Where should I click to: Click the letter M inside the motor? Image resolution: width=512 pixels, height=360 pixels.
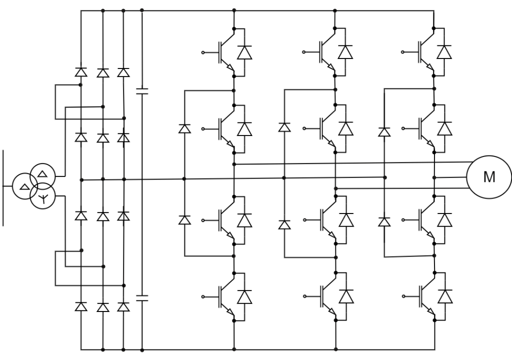pyautogui.click(x=489, y=177)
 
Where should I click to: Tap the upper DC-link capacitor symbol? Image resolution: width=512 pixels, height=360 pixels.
pyautogui.click(x=142, y=91)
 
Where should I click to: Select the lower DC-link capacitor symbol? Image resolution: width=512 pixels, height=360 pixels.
pyautogui.click(x=142, y=298)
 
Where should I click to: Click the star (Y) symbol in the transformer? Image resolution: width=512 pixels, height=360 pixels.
pyautogui.click(x=43, y=198)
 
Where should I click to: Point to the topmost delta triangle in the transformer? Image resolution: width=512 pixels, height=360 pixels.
pyautogui.click(x=42, y=173)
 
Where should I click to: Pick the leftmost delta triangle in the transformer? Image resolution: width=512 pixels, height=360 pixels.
pyautogui.click(x=24, y=187)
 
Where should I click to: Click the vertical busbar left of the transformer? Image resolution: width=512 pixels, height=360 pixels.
pyautogui.click(x=3, y=188)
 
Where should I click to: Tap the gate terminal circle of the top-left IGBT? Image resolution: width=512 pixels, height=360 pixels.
pyautogui.click(x=203, y=52)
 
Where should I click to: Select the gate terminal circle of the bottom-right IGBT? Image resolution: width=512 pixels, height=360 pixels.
pyautogui.click(x=403, y=296)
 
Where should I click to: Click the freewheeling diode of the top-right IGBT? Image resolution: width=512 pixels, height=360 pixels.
pyautogui.click(x=444, y=52)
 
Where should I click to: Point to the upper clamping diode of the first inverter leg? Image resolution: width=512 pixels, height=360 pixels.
pyautogui.click(x=184, y=128)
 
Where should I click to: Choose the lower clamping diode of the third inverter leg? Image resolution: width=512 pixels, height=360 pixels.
pyautogui.click(x=384, y=222)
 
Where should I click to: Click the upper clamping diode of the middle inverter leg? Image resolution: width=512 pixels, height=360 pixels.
pyautogui.click(x=284, y=127)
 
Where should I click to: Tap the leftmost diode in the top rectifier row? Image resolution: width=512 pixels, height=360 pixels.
pyautogui.click(x=81, y=72)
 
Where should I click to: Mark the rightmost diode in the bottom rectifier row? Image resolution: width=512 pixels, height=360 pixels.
pyautogui.click(x=123, y=307)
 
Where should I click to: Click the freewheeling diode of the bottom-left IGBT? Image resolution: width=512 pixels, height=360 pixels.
pyautogui.click(x=244, y=297)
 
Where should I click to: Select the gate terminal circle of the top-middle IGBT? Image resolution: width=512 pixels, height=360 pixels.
pyautogui.click(x=303, y=52)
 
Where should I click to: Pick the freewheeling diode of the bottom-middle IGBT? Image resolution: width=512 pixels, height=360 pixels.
pyautogui.click(x=346, y=296)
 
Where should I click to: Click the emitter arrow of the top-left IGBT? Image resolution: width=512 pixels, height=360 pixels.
pyautogui.click(x=230, y=67)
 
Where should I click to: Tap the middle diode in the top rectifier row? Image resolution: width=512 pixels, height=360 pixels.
pyautogui.click(x=103, y=73)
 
